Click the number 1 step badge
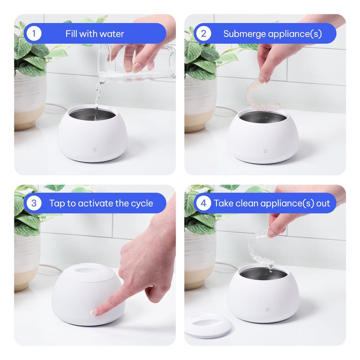34,33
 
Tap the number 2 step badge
204,33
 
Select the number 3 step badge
34,203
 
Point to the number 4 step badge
204,203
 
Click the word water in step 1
112,34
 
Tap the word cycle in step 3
142,203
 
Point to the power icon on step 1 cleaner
95,149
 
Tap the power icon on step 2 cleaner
265,151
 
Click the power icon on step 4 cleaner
267,310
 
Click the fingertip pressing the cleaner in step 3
95,312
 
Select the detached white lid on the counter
208,325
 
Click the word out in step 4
323,203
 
